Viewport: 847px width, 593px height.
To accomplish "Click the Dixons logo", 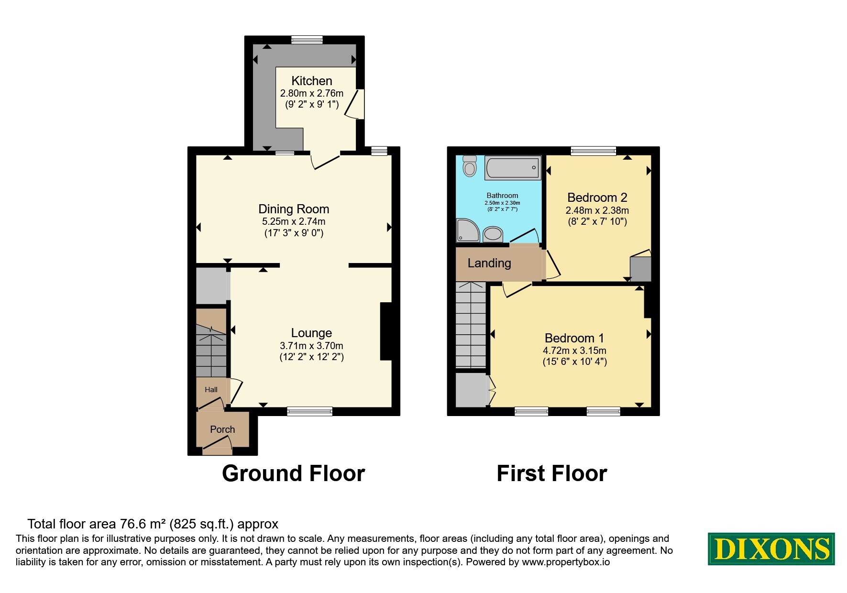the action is point(771,549).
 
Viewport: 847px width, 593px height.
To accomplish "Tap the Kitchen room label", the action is point(312,81).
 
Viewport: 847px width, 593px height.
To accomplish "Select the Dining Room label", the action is point(294,209).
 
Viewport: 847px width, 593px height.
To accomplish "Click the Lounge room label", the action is point(311,333).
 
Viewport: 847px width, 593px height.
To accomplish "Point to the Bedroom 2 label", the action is point(597,198).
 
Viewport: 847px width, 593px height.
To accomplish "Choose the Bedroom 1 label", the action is point(574,338).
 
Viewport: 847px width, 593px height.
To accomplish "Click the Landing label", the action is point(489,264).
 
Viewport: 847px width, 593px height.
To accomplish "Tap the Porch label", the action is point(222,429).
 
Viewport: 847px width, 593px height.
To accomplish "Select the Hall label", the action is point(211,390).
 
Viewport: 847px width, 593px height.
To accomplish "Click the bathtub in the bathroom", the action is point(513,168).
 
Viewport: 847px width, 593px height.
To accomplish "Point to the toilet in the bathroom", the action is point(470,165).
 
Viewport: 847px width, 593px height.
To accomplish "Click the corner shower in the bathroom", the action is point(468,230).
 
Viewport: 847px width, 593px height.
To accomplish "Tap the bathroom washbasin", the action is point(493,234).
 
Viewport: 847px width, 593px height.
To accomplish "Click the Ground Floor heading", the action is point(293,473).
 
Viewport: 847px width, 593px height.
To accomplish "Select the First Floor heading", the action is point(552,473).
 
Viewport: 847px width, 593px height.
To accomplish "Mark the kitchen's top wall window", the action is point(307,40).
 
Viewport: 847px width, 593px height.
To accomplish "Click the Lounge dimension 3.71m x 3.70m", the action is point(311,345).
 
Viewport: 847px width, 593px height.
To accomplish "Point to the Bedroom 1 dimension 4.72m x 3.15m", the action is point(574,351).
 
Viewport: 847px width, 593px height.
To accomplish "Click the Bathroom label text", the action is point(502,196).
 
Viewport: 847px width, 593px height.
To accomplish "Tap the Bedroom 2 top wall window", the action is point(593,151).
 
